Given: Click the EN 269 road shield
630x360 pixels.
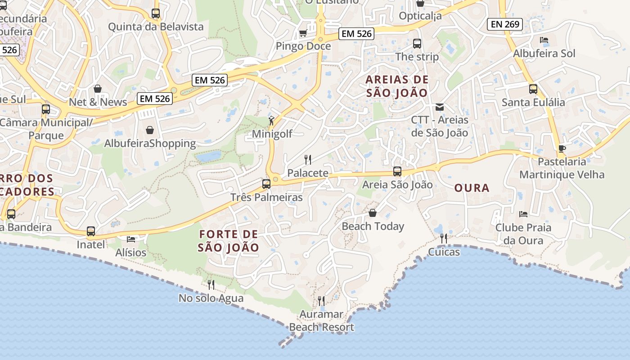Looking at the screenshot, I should point(505,24).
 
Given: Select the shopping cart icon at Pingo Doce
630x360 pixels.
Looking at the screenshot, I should point(303,33).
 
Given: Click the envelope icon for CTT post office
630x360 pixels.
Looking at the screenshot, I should point(439,107).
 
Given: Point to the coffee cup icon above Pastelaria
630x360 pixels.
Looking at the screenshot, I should point(561,148).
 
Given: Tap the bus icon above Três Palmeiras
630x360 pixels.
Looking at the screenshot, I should point(266,184).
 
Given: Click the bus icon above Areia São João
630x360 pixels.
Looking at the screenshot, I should point(397,171).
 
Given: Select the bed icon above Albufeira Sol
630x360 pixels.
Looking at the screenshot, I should point(544,40).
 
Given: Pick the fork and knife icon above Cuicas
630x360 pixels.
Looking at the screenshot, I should point(444,238).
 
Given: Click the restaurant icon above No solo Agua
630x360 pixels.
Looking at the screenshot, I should point(211,284).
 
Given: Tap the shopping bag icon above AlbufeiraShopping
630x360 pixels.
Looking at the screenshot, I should point(150,130).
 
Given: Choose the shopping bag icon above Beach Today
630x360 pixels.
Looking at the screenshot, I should point(373,212).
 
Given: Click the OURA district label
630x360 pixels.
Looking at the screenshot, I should point(472,188).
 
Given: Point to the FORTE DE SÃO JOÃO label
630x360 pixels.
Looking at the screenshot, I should point(229,241).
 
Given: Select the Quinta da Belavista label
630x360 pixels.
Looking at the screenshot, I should point(156,27).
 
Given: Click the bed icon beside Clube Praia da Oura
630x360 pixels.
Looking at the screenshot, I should point(523,214).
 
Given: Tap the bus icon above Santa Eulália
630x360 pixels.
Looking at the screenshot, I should point(533,89).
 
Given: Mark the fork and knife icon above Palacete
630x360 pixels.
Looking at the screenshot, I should point(308,159).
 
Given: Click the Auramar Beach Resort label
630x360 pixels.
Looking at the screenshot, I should point(321,320).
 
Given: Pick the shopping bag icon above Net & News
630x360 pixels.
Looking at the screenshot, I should point(98,89).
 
